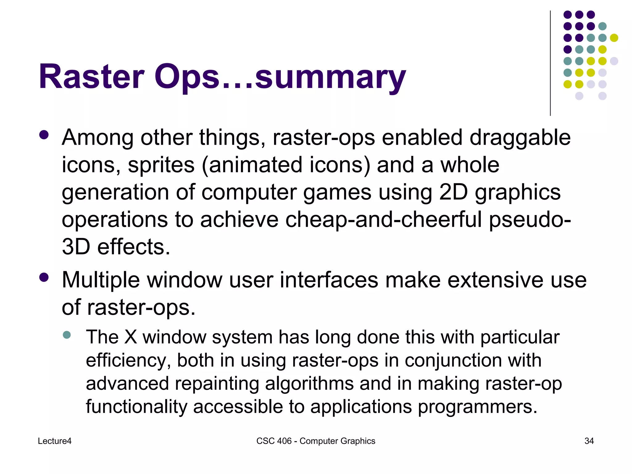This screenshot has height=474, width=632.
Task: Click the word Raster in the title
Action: pos(91,77)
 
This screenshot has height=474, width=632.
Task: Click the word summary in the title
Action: pos(330,77)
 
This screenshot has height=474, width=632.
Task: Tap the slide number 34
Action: pos(589,441)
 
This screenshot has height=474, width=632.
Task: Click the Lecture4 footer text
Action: pos(55,441)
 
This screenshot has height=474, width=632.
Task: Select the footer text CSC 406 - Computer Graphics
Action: pos(316,441)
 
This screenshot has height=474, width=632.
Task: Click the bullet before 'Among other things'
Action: pos(44,135)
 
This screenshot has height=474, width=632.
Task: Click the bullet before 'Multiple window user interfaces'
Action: pos(44,277)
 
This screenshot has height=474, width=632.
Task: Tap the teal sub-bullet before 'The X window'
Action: pos(67,335)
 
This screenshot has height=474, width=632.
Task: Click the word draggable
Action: pos(520,138)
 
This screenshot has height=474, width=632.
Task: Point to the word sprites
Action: pos(161,165)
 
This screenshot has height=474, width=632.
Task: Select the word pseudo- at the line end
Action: pos(530,220)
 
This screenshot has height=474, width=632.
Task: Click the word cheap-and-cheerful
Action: pos(384,220)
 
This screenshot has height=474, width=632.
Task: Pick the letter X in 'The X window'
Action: pos(131,337)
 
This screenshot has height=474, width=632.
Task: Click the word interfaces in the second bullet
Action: pos(329,280)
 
